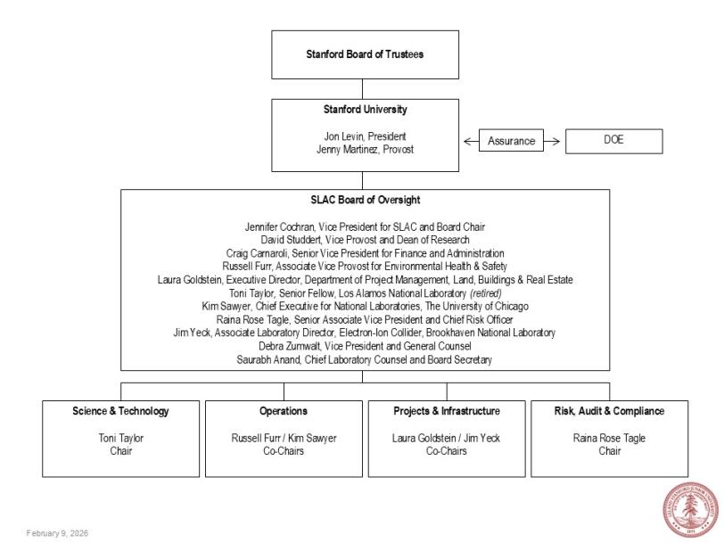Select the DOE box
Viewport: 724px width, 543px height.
point(613,141)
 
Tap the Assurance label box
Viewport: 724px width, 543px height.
point(511,141)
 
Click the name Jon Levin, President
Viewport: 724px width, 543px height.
point(365,136)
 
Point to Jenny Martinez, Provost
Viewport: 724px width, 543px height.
point(365,149)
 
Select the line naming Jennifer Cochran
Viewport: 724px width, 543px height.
point(365,227)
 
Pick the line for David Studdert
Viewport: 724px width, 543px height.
point(365,240)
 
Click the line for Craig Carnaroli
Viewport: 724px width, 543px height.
point(365,253)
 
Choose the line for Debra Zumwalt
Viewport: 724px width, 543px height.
point(365,346)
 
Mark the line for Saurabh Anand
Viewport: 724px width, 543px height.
point(365,359)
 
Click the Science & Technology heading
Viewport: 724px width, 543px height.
point(120,411)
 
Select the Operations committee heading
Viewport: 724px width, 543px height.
point(284,411)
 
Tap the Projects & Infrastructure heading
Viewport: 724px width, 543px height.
point(447,411)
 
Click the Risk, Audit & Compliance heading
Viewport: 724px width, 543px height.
point(610,411)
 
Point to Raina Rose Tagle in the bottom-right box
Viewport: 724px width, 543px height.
point(610,438)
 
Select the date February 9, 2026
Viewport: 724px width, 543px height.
point(57,533)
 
